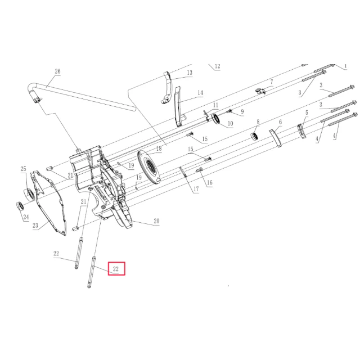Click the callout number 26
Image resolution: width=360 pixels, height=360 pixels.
point(57,71)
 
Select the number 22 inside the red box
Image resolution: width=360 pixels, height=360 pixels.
point(116,269)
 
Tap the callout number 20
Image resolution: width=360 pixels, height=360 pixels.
point(156,221)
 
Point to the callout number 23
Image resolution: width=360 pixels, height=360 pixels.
point(35,226)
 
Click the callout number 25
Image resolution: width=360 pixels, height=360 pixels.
point(24,169)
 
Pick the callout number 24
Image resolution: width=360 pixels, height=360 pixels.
point(26,217)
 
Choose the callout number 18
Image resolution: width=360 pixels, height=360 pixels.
point(159,148)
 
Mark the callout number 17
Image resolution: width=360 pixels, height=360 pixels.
point(196,189)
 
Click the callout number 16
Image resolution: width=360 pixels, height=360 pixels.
point(210,183)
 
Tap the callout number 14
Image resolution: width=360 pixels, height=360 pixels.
point(200,93)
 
